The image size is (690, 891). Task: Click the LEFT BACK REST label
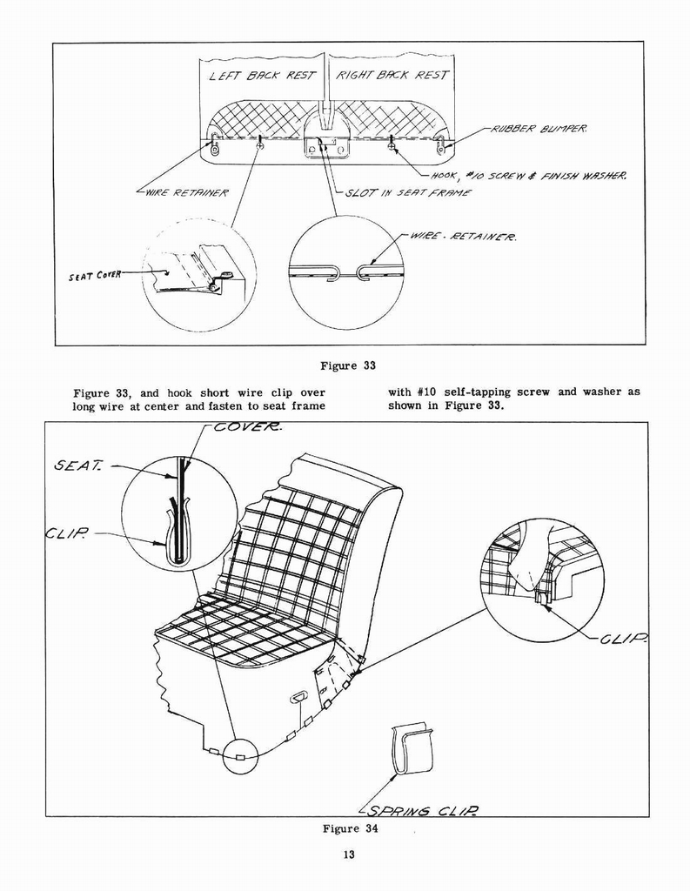click(262, 76)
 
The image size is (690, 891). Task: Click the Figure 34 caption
click(351, 828)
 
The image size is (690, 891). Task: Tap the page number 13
click(348, 855)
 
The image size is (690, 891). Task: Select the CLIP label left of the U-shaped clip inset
click(70, 532)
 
